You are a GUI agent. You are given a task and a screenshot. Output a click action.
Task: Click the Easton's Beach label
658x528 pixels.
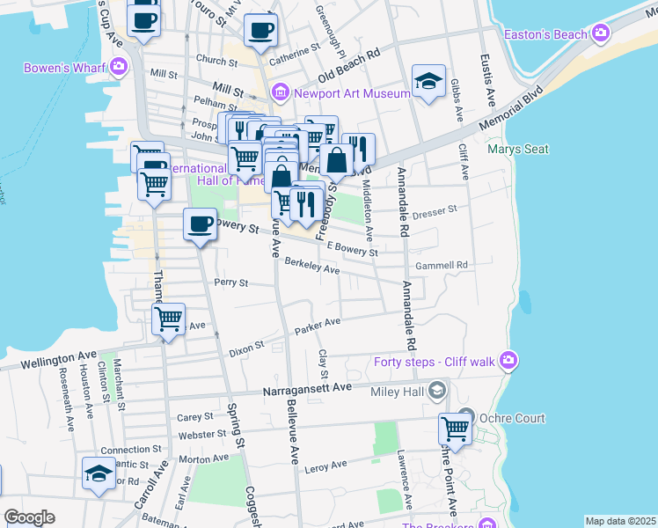coord(545,34)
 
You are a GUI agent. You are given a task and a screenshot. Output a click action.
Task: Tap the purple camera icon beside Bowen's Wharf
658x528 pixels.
coord(118,67)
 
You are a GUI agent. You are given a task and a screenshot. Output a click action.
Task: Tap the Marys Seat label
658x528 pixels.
coord(517,149)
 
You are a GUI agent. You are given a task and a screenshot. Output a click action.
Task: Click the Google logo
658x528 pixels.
coord(29,517)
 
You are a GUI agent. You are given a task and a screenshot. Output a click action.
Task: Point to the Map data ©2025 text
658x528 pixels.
coord(619,521)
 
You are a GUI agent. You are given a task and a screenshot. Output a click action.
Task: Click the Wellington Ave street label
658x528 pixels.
coord(59,356)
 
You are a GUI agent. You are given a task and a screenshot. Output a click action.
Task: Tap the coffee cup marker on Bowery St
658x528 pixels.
coord(201,224)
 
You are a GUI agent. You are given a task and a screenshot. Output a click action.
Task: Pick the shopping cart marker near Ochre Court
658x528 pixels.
coord(455,430)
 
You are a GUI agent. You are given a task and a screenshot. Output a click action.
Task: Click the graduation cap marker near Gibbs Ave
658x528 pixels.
coord(428,83)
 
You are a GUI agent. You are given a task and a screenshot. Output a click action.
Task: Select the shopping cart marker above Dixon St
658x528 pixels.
coord(168,319)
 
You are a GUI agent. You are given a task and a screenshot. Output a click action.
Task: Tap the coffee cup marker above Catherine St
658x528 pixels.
coord(260,31)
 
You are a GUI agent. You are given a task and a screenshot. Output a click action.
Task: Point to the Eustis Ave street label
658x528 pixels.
coord(485,67)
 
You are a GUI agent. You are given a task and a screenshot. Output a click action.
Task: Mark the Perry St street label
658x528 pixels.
coord(230,283)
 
